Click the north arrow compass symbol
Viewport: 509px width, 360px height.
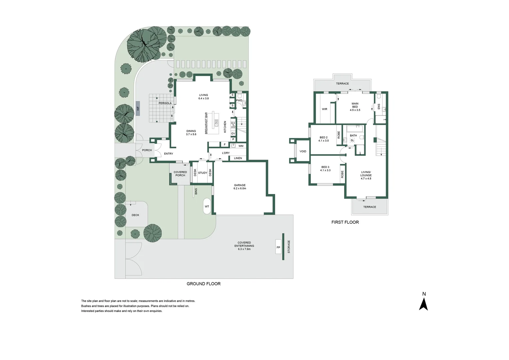(423, 304)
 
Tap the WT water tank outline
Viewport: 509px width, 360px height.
(207, 206)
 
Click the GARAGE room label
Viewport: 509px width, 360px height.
(240, 185)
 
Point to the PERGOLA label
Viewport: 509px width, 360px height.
(165, 103)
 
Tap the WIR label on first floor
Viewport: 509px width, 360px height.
(324, 109)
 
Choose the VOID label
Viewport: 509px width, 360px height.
(303, 151)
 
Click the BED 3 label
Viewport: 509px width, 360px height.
(325, 167)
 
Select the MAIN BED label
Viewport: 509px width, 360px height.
(355, 105)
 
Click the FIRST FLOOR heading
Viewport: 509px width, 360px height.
(345, 222)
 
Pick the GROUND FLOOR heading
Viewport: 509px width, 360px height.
(204, 284)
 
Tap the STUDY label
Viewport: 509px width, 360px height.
(203, 173)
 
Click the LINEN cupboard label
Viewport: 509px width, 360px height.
(238, 158)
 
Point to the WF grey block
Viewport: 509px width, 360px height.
(138, 108)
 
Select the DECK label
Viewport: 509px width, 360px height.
(136, 215)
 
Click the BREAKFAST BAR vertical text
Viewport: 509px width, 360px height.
(206, 123)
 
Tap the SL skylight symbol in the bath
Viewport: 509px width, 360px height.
(352, 141)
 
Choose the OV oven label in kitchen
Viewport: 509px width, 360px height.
(233, 133)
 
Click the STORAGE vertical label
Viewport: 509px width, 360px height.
(289, 247)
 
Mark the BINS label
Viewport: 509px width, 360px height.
(196, 191)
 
